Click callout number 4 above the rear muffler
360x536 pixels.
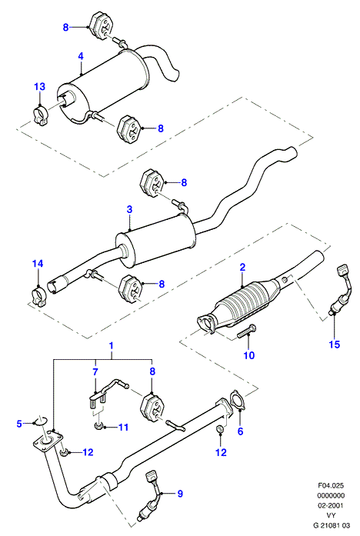[x=81, y=55]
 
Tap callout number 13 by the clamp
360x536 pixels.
[x=40, y=86]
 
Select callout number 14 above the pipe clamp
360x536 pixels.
[x=38, y=263]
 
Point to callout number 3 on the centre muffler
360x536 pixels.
[x=129, y=209]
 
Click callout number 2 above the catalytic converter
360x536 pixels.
[x=242, y=267]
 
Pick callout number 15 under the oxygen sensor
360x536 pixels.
[x=335, y=345]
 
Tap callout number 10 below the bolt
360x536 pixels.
[x=249, y=355]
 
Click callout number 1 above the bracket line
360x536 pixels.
[x=111, y=345]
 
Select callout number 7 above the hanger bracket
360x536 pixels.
[x=95, y=371]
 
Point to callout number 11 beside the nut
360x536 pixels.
[x=123, y=427]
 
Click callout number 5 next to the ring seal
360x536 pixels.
[x=19, y=424]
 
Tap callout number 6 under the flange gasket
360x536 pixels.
[x=240, y=431]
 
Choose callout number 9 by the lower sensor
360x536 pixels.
[x=180, y=493]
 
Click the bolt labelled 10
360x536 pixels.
[x=247, y=331]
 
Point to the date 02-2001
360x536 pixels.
[x=331, y=505]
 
